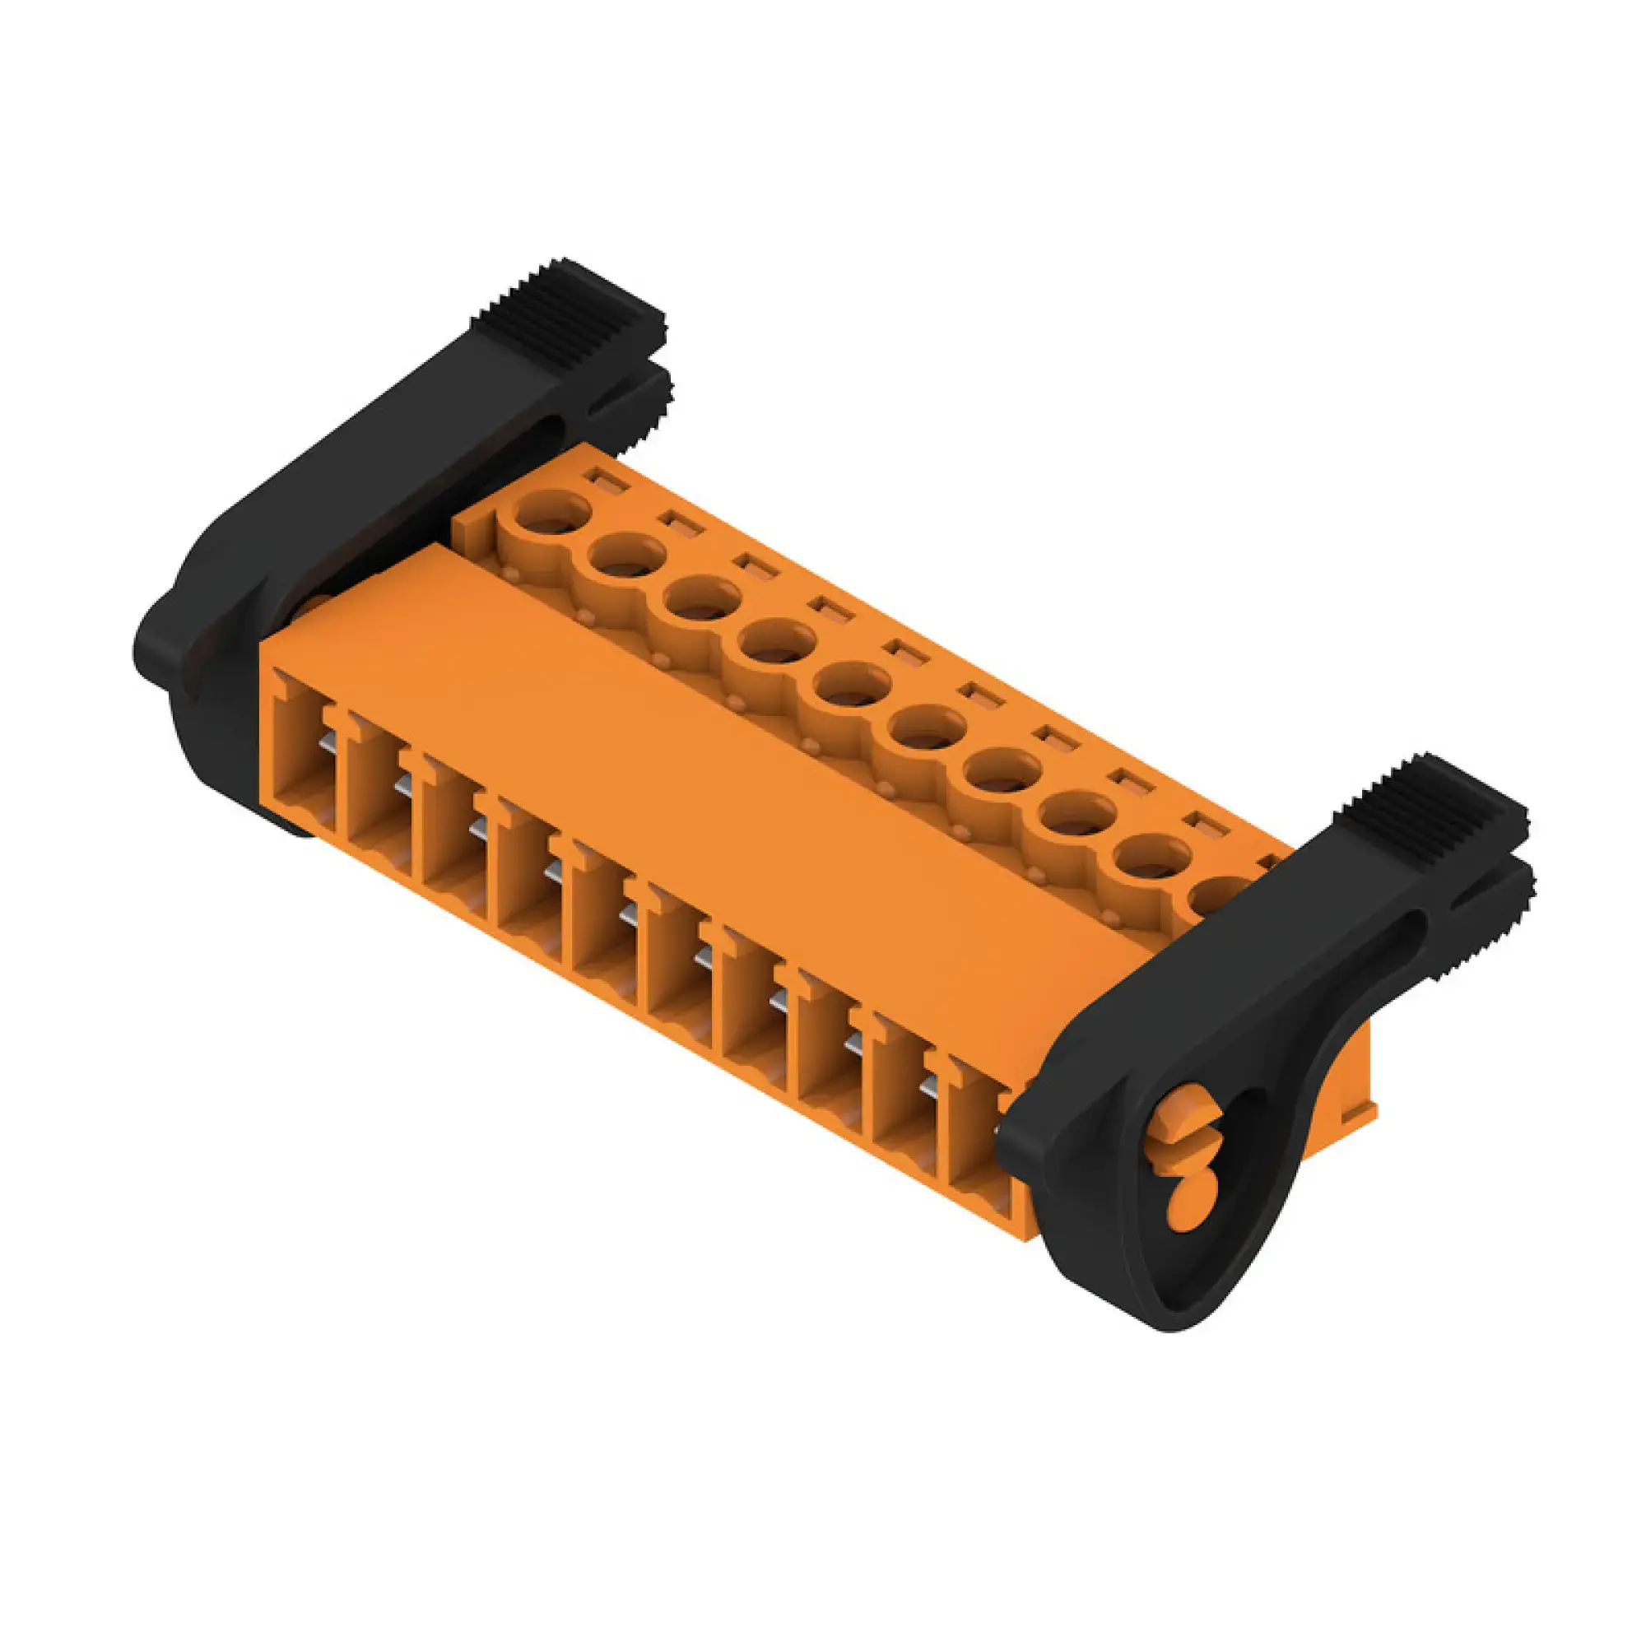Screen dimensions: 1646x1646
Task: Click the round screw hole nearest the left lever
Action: (x=552, y=513)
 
